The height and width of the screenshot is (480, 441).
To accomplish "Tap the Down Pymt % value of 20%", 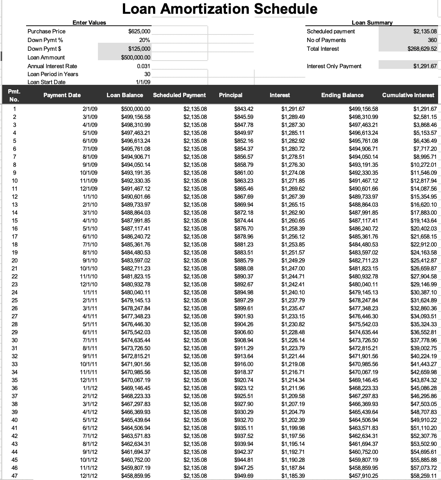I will tap(144, 40).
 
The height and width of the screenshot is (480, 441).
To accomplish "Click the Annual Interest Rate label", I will tap(52, 66).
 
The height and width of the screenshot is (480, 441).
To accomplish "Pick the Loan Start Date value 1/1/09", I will tap(143, 82).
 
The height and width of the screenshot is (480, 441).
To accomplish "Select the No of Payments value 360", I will tap(432, 40).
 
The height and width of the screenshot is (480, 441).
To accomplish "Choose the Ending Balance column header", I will tap(342, 95).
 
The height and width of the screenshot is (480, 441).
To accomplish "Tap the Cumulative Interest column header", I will tap(408, 95).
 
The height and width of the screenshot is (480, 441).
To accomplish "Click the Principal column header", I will tap(231, 95).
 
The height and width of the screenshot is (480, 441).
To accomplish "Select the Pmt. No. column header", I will tap(14, 95).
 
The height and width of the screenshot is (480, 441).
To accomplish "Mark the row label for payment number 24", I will tap(15, 293).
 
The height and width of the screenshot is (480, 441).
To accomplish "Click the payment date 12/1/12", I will tap(88, 476).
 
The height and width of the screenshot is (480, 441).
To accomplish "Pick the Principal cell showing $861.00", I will tap(244, 173).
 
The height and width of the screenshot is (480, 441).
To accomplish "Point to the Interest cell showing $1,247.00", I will tap(293, 269).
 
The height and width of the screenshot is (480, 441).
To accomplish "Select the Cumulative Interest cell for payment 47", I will tap(424, 476).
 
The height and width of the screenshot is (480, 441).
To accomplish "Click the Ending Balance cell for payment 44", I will tap(363, 452).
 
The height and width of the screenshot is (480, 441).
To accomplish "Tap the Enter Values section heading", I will tap(89, 22).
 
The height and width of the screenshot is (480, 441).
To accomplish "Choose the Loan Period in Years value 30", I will tap(147, 74).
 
